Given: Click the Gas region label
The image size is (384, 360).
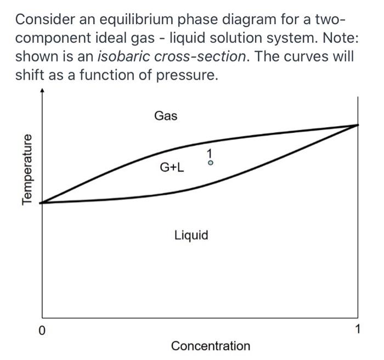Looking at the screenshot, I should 166,116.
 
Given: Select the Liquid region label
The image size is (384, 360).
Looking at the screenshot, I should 191,235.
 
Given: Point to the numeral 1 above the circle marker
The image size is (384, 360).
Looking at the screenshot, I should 210,153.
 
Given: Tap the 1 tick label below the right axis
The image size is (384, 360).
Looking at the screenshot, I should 358,330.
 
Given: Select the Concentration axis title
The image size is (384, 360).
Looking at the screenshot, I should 210,346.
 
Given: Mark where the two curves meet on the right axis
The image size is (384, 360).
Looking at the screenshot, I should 358,125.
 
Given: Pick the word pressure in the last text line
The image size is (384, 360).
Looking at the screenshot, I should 187,75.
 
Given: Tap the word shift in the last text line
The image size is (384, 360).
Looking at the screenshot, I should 30,75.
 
